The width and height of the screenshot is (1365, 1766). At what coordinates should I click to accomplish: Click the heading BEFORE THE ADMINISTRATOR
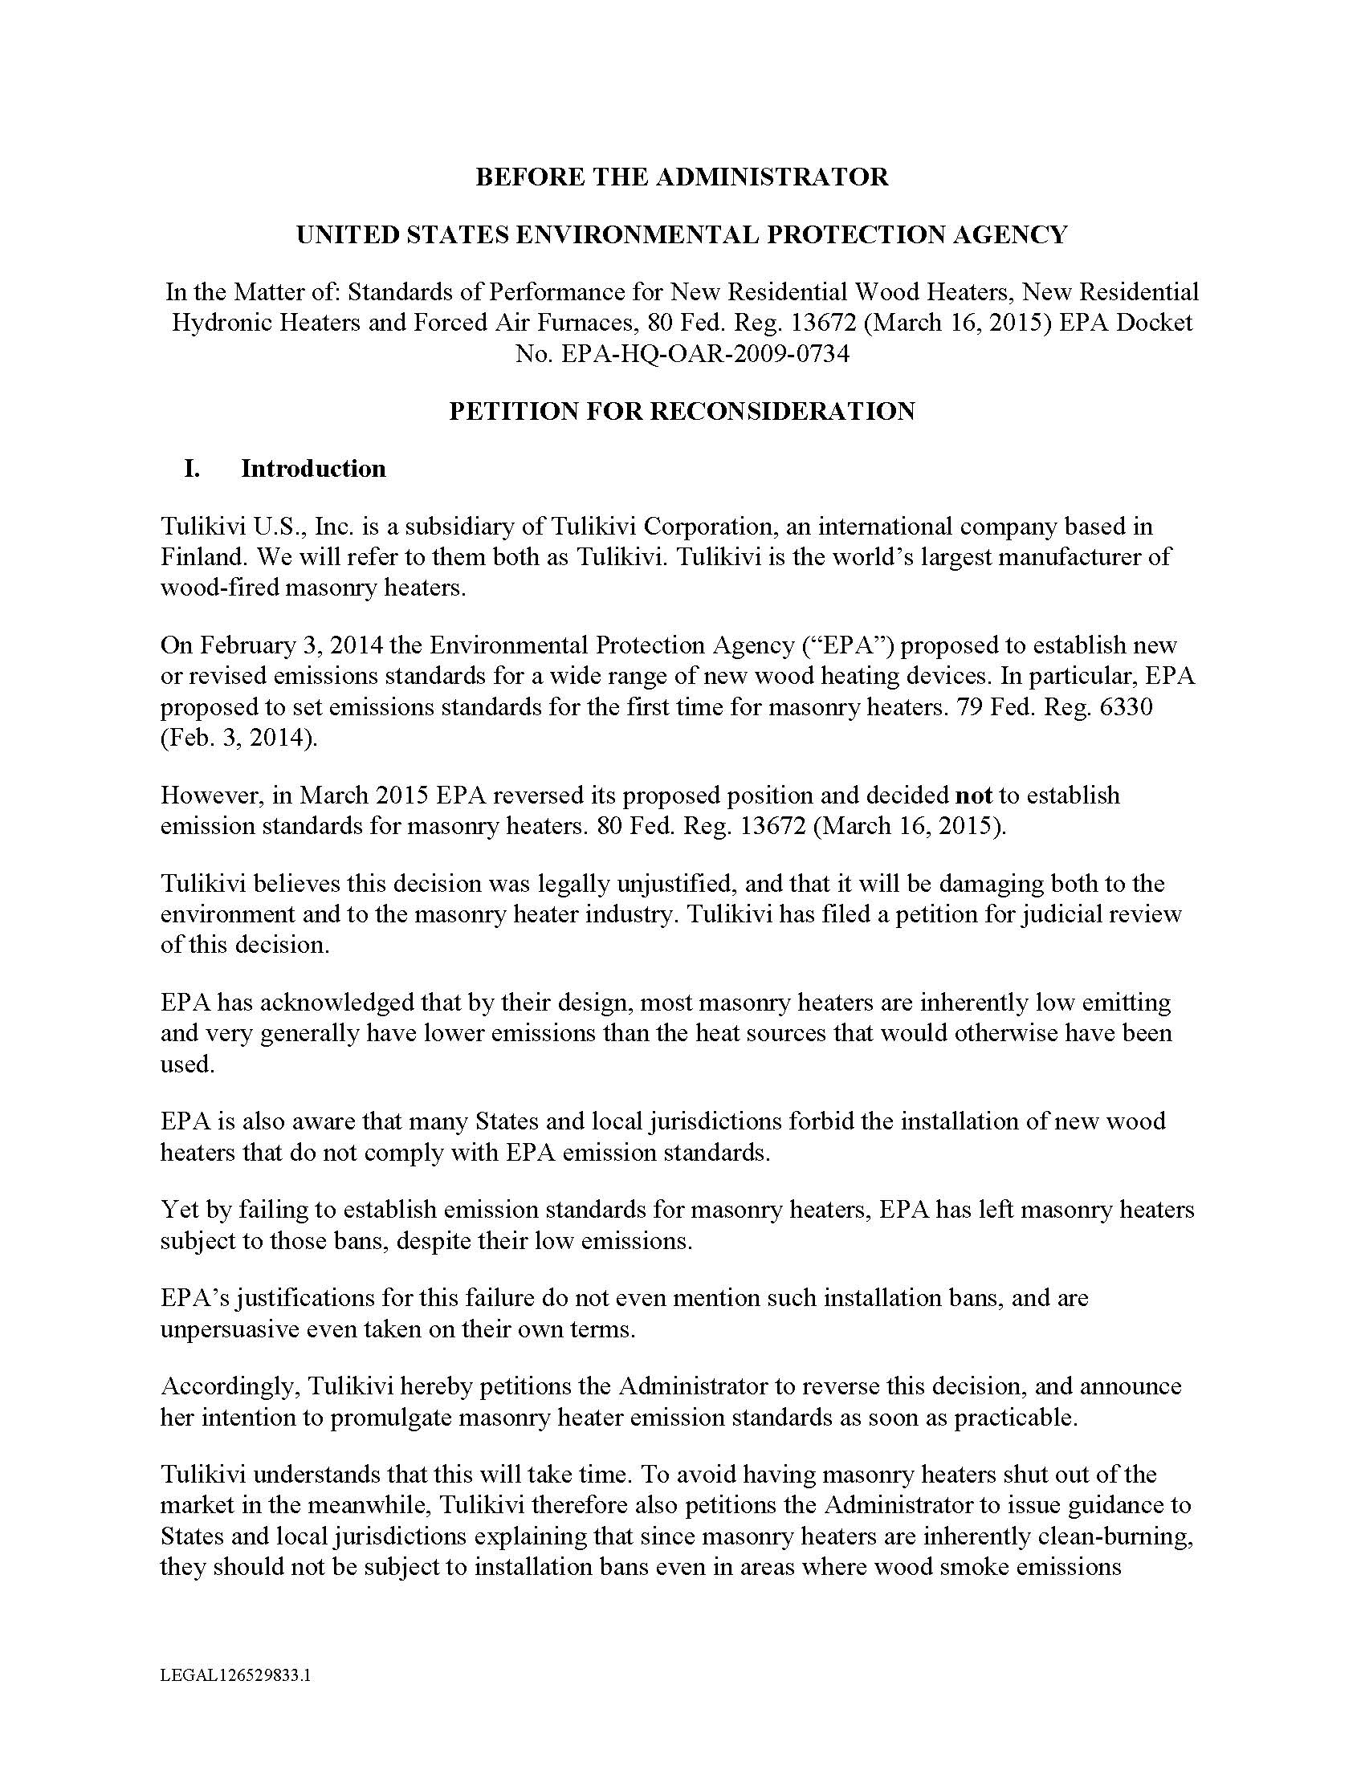[682, 177]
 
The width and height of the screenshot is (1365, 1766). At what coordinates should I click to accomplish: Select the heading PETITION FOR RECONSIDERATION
[682, 411]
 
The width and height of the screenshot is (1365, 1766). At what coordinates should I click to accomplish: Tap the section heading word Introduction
[313, 469]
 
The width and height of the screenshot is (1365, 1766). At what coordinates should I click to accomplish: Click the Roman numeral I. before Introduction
[192, 469]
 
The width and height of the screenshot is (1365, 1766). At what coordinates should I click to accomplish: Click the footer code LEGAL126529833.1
[235, 1675]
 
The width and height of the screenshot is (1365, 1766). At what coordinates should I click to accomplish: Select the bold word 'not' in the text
[974, 795]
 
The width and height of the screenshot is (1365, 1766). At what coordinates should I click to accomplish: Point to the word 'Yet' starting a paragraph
[180, 1210]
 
